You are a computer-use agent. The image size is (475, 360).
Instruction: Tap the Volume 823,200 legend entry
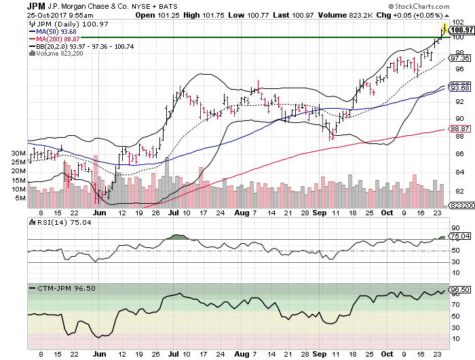click(53, 53)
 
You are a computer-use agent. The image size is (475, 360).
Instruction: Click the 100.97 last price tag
click(461, 29)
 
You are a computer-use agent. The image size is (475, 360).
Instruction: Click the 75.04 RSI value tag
click(461, 236)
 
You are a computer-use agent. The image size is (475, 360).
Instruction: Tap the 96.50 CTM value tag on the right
click(461, 290)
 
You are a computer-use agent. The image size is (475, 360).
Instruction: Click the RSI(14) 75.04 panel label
click(54, 222)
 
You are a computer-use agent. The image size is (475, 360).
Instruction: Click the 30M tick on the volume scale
click(18, 154)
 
